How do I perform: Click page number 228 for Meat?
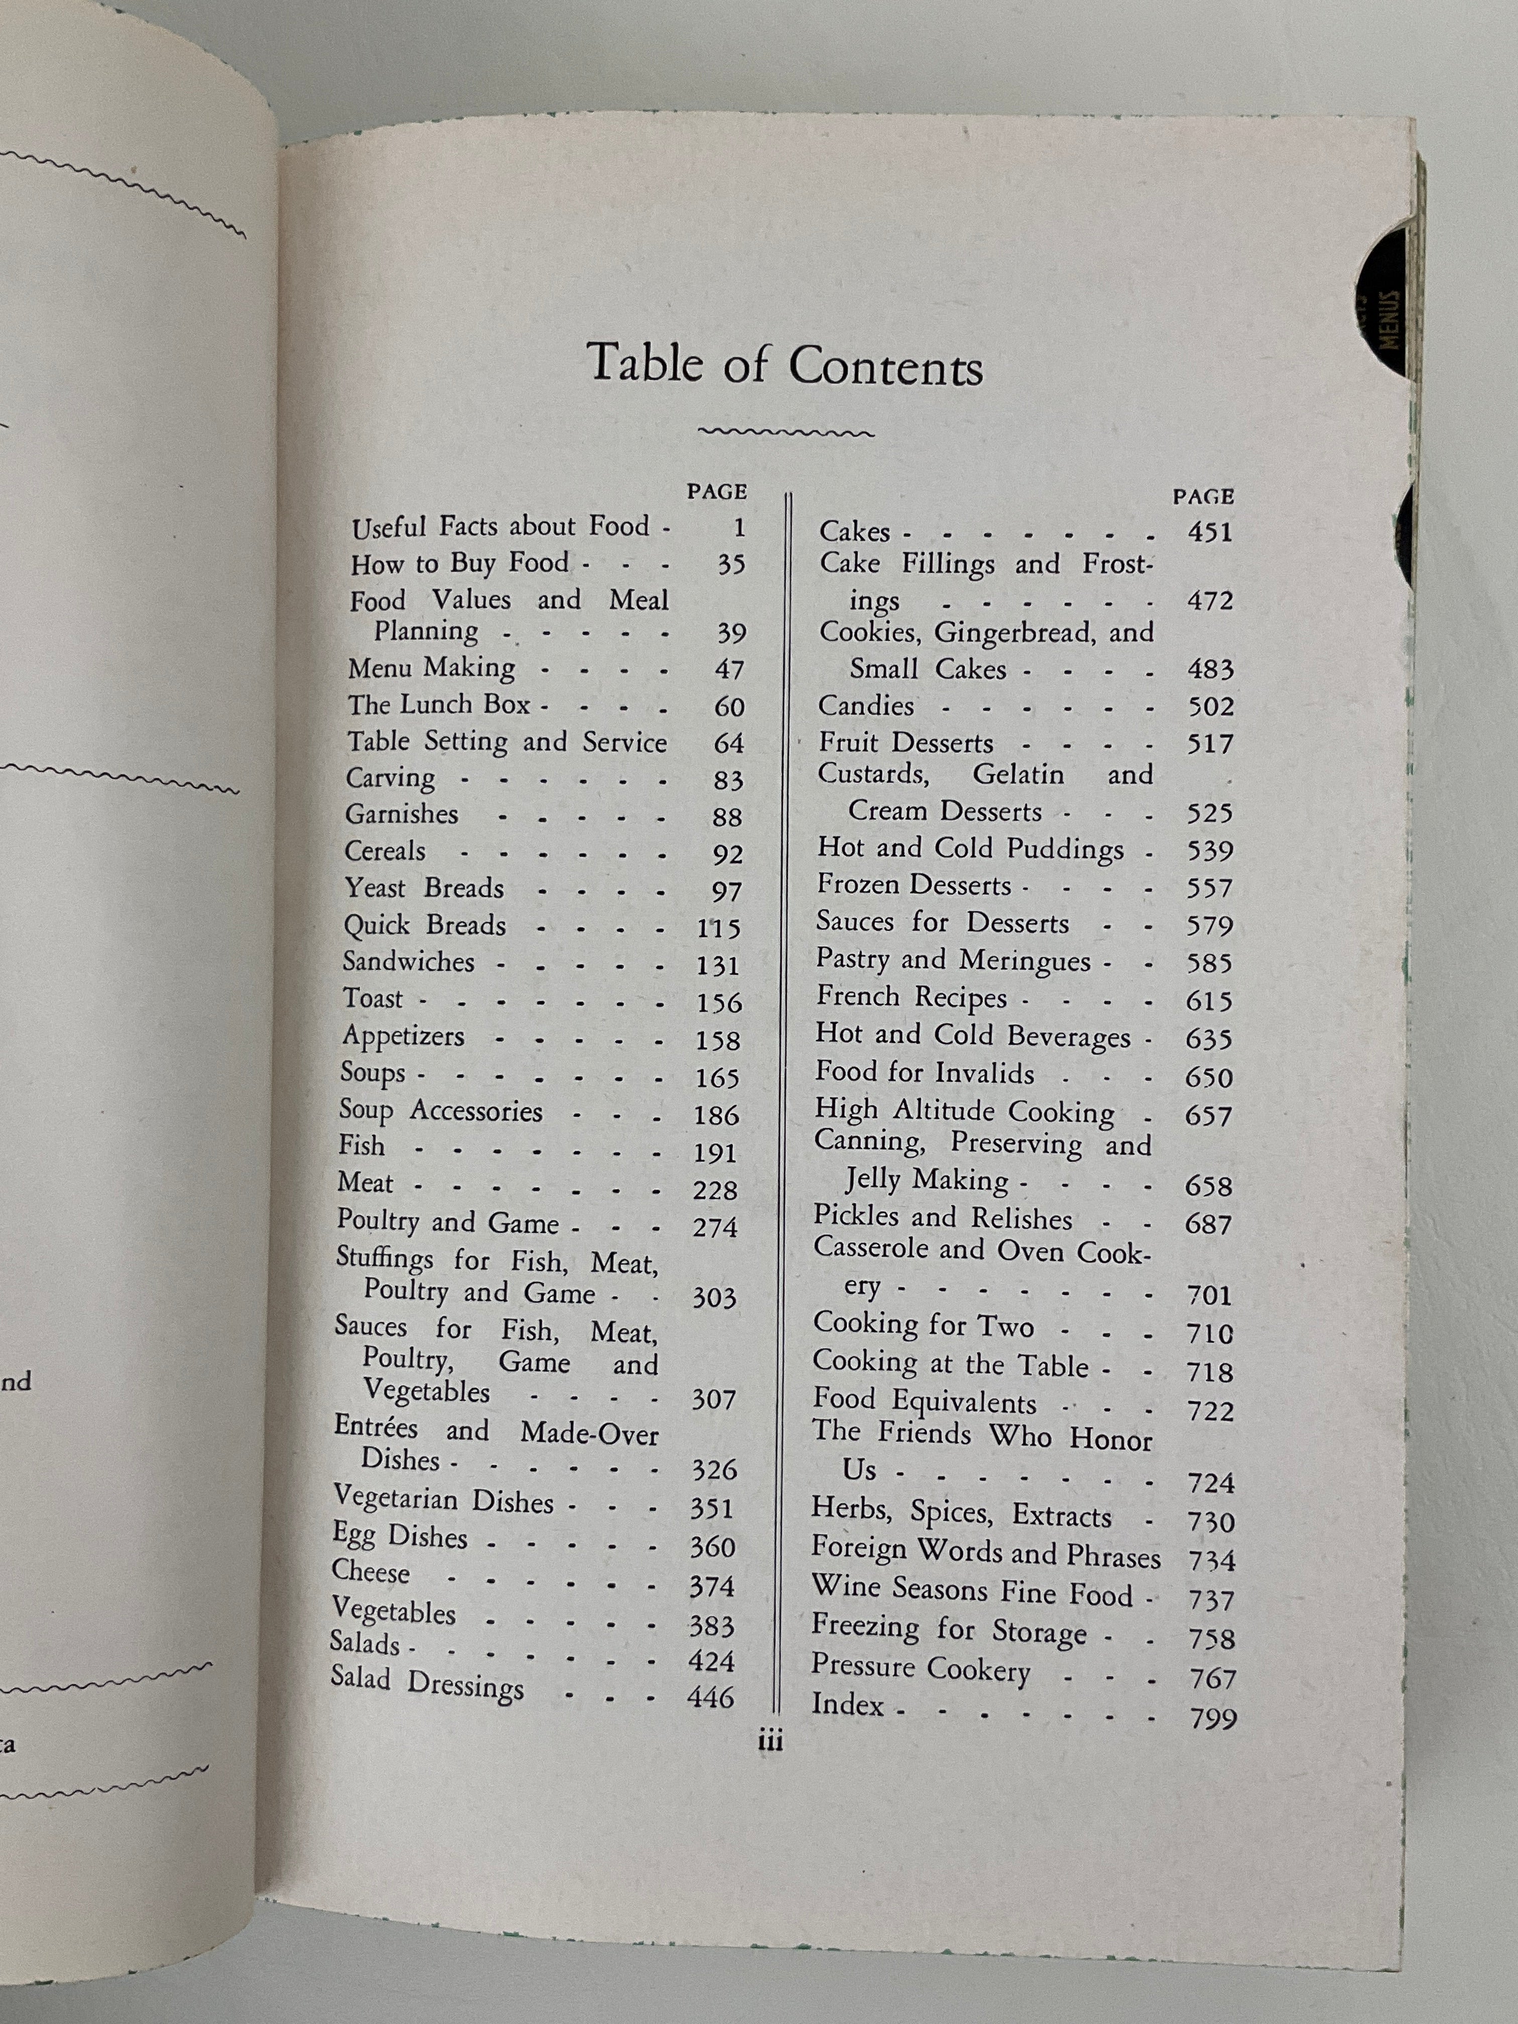click(x=715, y=1190)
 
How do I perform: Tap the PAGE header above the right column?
click(x=1203, y=497)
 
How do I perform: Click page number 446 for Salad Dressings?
click(x=711, y=1697)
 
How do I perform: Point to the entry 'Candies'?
click(x=865, y=705)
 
